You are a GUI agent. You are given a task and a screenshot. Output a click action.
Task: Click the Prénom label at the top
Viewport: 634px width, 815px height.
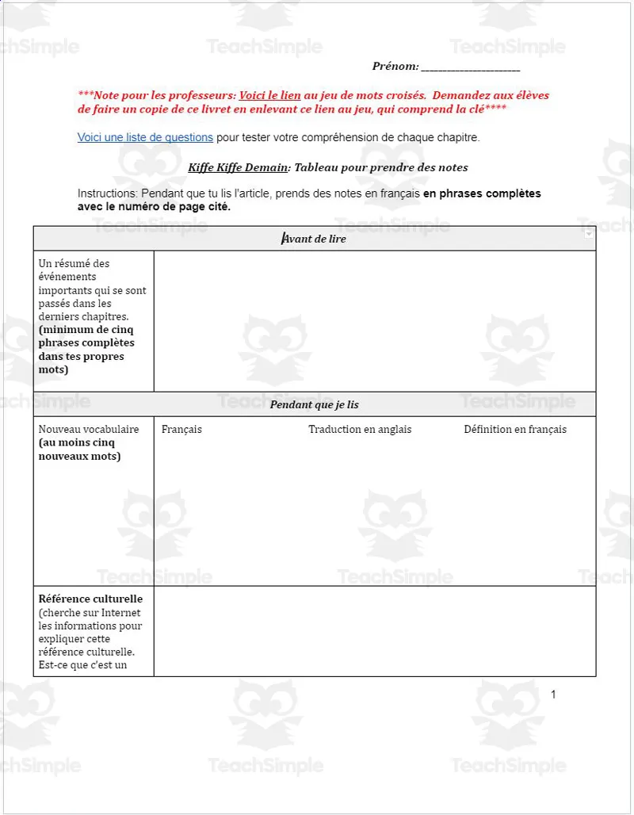tap(395, 67)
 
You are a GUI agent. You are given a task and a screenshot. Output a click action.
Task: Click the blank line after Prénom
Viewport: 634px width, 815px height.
tap(470, 68)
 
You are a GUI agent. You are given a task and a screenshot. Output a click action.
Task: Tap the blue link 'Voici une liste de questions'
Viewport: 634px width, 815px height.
tap(145, 137)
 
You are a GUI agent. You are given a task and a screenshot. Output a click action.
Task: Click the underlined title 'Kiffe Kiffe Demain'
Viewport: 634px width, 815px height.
tap(238, 167)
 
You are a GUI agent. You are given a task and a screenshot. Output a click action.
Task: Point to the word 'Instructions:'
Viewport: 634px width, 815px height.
tap(108, 193)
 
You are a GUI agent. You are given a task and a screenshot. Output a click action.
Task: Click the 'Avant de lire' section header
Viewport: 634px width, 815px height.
tap(315, 239)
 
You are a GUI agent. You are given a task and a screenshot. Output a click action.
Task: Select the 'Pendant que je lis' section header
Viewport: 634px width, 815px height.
tap(315, 404)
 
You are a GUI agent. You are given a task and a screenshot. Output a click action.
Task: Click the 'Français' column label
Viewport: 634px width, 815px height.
tap(181, 429)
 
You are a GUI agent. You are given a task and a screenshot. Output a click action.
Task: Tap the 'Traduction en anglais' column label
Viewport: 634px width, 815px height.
tap(360, 429)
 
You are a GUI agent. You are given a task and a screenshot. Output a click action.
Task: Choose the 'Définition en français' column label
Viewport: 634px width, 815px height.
tap(515, 429)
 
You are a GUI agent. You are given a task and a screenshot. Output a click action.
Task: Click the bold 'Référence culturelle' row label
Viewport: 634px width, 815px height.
tap(90, 599)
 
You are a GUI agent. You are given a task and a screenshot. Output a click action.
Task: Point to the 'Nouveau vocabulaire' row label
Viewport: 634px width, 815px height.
tap(89, 429)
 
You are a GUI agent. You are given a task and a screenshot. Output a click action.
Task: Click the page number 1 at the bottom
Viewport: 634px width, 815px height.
tap(553, 694)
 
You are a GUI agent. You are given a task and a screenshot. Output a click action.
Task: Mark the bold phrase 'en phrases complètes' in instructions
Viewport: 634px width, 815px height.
tap(482, 193)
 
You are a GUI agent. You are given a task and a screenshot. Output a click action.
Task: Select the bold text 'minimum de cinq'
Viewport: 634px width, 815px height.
tap(84, 330)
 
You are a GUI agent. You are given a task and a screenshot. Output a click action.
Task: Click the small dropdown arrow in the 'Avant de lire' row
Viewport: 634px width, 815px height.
tap(589, 235)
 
